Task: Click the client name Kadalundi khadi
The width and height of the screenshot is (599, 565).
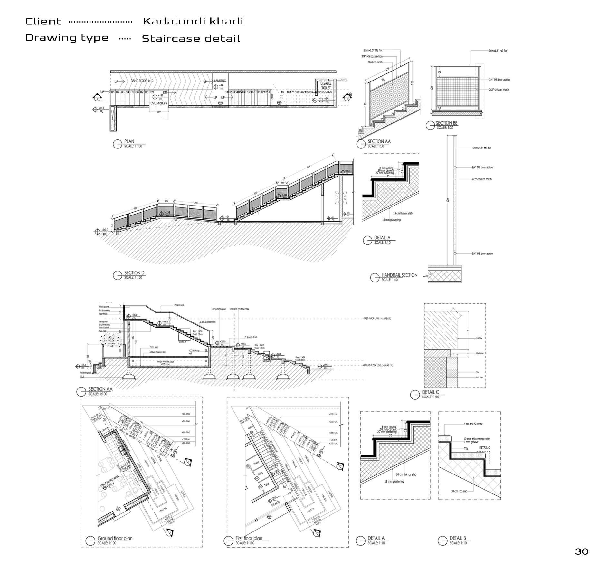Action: click(193, 21)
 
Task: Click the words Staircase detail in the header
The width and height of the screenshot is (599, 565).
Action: click(191, 38)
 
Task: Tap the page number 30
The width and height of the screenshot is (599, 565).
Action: click(581, 551)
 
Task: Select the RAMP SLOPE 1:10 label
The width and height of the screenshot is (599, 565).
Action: click(142, 81)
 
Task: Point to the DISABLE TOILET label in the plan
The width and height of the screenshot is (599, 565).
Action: click(326, 85)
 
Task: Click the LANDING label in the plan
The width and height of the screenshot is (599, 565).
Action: click(220, 81)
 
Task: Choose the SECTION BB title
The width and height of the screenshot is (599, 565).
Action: click(446, 123)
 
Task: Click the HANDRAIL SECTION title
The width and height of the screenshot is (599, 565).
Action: click(399, 275)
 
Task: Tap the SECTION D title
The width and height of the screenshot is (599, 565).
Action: click(134, 273)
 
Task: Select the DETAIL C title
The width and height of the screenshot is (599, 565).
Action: click(430, 392)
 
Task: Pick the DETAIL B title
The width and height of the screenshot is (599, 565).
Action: click(458, 538)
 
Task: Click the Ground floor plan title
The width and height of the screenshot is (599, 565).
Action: click(115, 538)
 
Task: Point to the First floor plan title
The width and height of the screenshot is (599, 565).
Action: click(249, 538)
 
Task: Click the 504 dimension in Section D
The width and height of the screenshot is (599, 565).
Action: click(308, 167)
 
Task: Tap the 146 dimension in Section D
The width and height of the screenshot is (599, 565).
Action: click(166, 201)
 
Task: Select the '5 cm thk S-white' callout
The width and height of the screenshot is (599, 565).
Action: click(473, 424)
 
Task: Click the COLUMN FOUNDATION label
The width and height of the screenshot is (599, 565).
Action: click(239, 309)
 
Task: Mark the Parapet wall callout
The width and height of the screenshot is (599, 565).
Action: click(180, 305)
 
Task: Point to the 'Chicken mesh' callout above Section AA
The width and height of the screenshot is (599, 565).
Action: click(375, 62)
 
